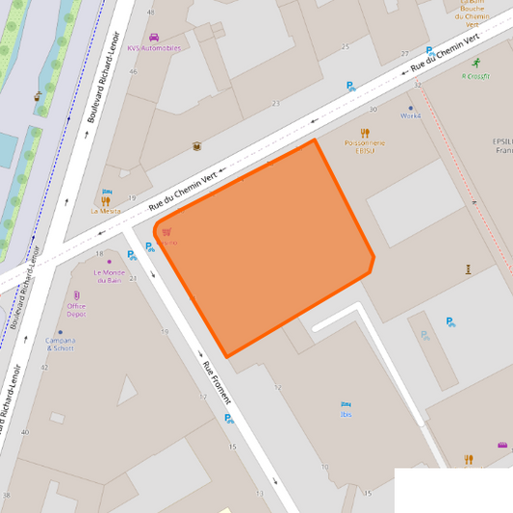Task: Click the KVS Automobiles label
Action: (x=154, y=48)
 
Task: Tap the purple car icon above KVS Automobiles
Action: (x=154, y=38)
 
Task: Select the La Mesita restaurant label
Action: (x=106, y=210)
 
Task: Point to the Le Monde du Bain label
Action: (x=110, y=276)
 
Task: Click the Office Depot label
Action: (x=76, y=310)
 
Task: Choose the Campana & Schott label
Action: (x=60, y=344)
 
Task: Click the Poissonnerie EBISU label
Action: (x=364, y=146)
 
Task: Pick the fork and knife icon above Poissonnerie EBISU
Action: (x=365, y=133)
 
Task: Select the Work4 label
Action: (x=411, y=115)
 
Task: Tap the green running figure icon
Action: (x=476, y=64)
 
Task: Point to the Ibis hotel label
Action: (x=346, y=414)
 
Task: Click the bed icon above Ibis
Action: (x=346, y=403)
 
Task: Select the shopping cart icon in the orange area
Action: (x=167, y=231)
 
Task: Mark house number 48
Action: (x=150, y=12)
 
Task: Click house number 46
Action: (x=133, y=72)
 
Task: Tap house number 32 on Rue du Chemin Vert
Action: (x=418, y=86)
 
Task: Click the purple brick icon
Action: (x=502, y=445)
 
